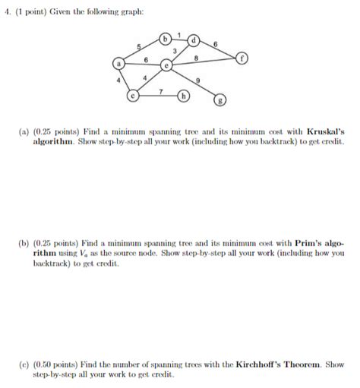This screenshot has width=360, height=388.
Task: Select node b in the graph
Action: point(164,39)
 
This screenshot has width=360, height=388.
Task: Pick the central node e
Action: point(167,66)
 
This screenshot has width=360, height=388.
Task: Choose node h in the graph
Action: point(183,96)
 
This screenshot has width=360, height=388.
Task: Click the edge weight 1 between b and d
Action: point(179,33)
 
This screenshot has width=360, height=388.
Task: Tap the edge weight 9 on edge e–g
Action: point(198,80)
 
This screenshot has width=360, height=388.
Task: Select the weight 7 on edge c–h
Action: point(159,91)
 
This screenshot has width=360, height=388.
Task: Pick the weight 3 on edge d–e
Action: point(175,51)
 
